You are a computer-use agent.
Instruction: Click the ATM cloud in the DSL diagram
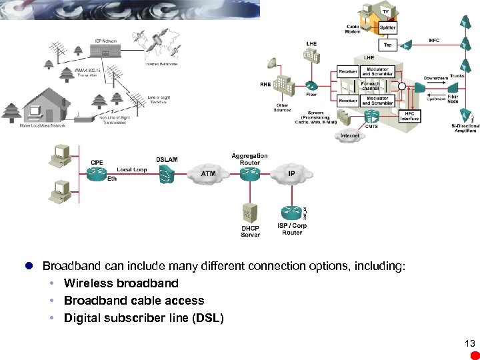click(209, 174)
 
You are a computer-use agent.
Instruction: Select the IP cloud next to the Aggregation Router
click(291, 173)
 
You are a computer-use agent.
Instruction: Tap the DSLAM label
click(167, 159)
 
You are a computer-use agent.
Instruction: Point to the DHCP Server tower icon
click(250, 213)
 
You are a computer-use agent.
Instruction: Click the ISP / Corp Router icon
click(291, 211)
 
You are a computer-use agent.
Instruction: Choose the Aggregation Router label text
click(249, 159)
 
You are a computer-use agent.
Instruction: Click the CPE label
click(97, 163)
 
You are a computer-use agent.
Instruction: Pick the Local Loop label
click(131, 169)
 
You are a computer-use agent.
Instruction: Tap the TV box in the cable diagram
click(385, 11)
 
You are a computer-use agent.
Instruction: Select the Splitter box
click(387, 28)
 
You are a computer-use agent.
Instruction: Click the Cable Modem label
click(353, 29)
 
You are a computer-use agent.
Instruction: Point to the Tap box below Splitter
click(387, 45)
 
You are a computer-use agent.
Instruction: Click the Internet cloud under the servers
click(350, 136)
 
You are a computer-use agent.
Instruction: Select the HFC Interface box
click(409, 116)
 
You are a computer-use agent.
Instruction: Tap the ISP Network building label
click(104, 41)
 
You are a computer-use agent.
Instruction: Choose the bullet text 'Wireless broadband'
click(121, 283)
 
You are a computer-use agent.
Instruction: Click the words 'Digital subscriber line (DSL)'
click(143, 318)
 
